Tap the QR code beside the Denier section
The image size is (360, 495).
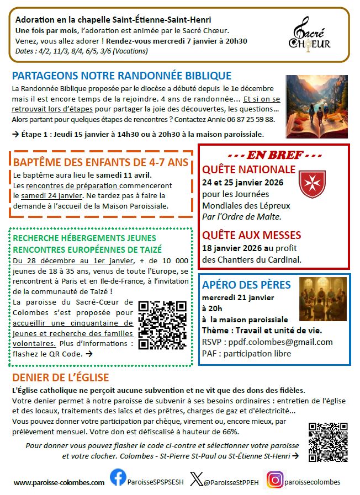(x=327, y=441)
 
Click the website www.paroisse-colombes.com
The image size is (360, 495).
(x=59, y=482)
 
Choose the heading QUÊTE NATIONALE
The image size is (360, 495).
(x=248, y=169)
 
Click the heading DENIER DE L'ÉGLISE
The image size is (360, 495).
(x=61, y=378)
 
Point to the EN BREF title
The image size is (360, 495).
(x=274, y=154)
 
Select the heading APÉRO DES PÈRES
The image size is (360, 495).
(x=246, y=285)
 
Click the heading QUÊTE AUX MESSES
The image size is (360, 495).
(x=251, y=236)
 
